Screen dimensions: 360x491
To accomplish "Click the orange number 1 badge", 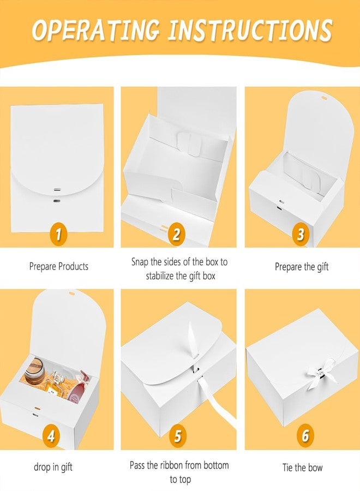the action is [x=59, y=234].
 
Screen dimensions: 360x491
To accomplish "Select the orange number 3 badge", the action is [x=301, y=234].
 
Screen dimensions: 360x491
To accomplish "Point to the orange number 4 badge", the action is [x=52, y=435].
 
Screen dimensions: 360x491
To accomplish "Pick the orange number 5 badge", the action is [x=177, y=435].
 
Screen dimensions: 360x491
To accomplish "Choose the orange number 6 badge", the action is [x=305, y=435].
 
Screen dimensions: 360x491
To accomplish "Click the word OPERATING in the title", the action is [x=95, y=30].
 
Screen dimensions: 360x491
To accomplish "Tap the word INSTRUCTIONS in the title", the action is [x=250, y=30].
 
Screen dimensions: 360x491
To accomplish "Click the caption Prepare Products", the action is [x=59, y=266].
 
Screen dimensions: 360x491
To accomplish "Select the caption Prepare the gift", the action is [x=302, y=267].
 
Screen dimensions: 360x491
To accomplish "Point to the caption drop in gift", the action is [x=53, y=467].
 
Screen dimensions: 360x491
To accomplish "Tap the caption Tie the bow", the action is [x=302, y=468].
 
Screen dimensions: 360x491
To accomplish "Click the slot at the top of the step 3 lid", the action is [x=323, y=98].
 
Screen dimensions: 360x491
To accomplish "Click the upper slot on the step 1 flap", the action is [x=57, y=190].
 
